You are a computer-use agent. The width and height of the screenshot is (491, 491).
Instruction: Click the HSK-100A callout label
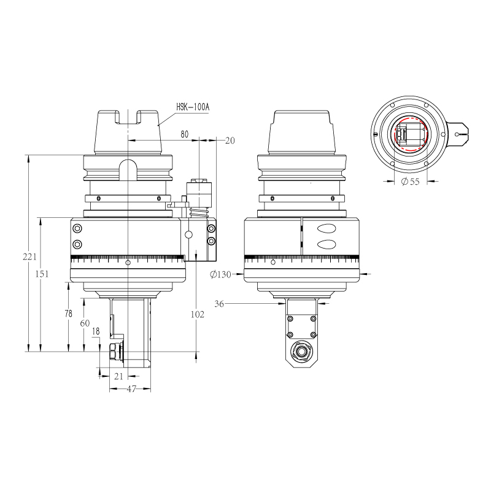click(x=193, y=107)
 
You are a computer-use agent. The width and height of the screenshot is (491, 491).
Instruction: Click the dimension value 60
click(x=85, y=323)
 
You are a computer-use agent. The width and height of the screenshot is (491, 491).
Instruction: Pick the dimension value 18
click(x=95, y=331)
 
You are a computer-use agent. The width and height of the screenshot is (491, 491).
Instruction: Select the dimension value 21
click(x=119, y=376)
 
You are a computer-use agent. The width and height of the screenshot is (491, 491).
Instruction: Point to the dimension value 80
click(x=185, y=133)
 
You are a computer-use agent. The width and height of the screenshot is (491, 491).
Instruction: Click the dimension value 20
click(x=230, y=141)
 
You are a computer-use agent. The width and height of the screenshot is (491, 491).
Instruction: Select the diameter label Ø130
click(x=220, y=274)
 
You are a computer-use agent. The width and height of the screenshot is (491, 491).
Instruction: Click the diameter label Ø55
click(x=409, y=182)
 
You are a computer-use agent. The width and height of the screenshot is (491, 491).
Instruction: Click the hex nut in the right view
click(x=301, y=351)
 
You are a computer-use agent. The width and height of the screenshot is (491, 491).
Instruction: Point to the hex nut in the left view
click(x=114, y=352)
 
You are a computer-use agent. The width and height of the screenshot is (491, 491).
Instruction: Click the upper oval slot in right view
click(x=327, y=228)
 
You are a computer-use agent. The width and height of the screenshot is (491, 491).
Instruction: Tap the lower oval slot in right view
click(x=327, y=244)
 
